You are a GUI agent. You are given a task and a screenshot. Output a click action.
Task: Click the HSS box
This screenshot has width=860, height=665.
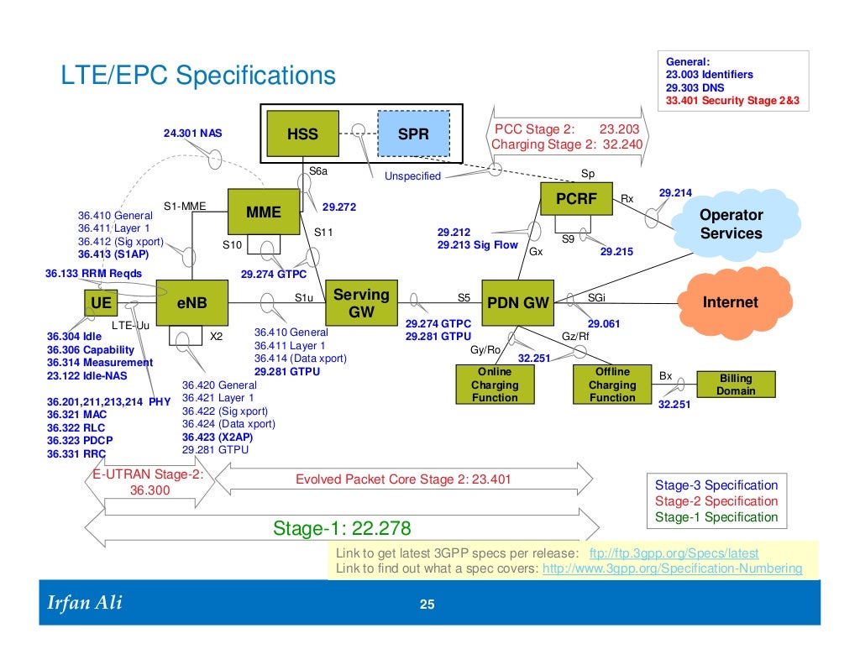pos(302,134)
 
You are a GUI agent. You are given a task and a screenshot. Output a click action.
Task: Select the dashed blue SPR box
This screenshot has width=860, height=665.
pos(413,134)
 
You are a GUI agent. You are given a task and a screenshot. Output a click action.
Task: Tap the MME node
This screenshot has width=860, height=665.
pos(263,213)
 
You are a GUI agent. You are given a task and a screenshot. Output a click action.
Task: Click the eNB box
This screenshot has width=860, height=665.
pos(191,302)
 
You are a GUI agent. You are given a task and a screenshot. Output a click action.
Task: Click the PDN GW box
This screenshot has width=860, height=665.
pos(518,302)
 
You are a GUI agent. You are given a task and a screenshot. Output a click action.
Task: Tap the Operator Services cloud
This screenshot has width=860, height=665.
pos(731,224)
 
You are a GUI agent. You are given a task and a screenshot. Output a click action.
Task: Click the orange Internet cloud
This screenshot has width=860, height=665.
pos(729,302)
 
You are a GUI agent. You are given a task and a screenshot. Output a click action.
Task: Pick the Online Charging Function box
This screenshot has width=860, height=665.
pos(495,385)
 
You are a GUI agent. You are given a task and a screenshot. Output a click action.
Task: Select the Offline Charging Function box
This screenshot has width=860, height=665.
pos(612,385)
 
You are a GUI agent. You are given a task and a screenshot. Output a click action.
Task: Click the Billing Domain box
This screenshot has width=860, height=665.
pos(737,385)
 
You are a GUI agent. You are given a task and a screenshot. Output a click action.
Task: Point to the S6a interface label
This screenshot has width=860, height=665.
pos(317,171)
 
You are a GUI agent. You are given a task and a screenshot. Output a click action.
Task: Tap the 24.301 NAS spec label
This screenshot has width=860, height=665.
pos(187,133)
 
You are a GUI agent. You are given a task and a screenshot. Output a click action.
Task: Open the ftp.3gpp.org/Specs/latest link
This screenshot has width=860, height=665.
pos(674,554)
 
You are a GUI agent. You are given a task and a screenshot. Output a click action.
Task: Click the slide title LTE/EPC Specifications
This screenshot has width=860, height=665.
pos(197,77)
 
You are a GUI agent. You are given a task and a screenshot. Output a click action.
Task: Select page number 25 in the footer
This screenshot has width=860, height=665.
pos(427,605)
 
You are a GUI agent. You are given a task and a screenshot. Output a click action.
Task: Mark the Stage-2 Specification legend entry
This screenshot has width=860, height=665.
pos(716,501)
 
